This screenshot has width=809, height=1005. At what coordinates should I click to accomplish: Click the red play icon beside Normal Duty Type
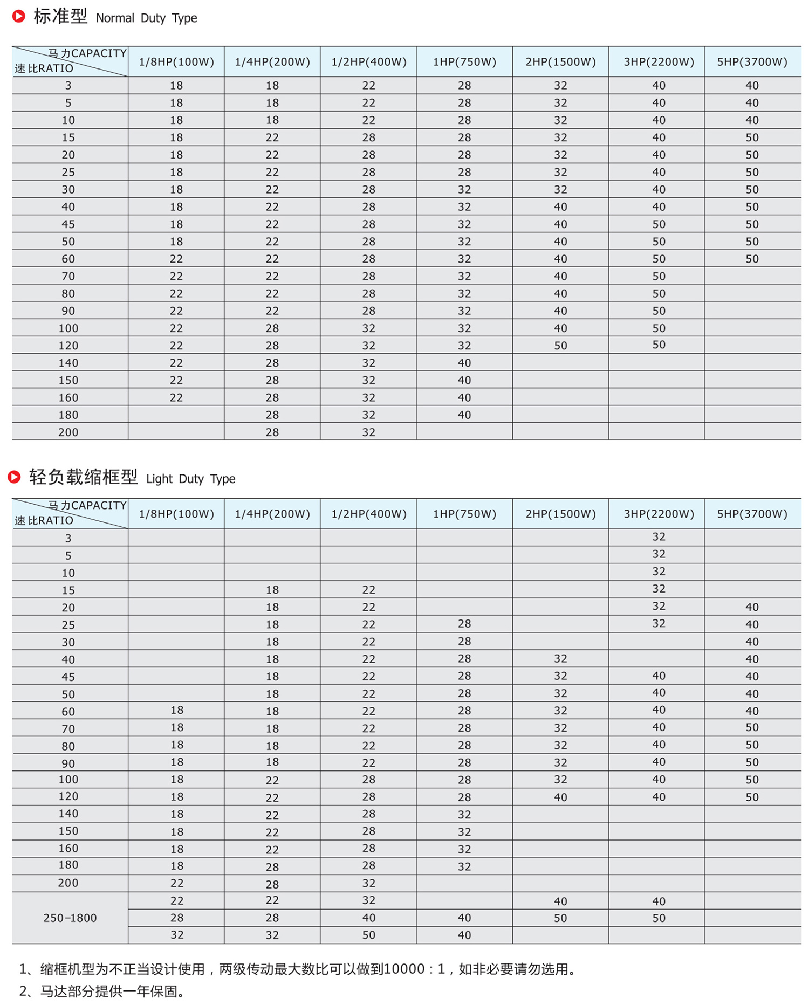(19, 16)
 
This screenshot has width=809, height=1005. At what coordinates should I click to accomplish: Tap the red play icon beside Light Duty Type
(15, 477)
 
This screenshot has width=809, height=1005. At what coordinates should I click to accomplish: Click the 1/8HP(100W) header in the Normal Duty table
(176, 62)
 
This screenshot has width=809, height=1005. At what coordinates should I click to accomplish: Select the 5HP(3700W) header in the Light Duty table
(752, 514)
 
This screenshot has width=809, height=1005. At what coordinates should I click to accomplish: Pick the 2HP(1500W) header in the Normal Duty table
(560, 62)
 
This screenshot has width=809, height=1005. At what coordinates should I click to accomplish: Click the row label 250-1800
(70, 918)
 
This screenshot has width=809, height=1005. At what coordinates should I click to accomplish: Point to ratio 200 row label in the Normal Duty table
(68, 432)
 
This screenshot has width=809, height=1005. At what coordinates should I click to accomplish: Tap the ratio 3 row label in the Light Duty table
(68, 538)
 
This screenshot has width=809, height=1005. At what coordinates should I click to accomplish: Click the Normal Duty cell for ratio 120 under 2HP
(560, 346)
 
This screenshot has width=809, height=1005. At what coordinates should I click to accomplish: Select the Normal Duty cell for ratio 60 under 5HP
(752, 259)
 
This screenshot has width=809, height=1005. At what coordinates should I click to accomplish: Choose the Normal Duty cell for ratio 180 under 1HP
(464, 415)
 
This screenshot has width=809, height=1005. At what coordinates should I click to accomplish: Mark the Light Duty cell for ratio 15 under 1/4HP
(272, 590)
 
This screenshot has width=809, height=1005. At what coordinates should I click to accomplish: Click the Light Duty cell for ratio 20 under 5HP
(752, 607)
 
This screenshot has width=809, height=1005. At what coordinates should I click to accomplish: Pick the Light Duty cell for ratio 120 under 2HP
(560, 797)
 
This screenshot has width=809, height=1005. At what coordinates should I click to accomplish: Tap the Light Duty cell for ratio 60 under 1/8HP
(177, 710)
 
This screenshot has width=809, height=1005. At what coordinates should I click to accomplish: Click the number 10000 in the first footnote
(404, 969)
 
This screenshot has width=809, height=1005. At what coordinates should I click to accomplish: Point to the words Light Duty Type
(190, 479)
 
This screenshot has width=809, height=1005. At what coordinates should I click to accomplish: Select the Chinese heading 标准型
(60, 16)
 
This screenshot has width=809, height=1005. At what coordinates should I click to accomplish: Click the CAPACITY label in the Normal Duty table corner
(99, 53)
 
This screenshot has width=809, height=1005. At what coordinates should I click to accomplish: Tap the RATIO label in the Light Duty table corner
(56, 520)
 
